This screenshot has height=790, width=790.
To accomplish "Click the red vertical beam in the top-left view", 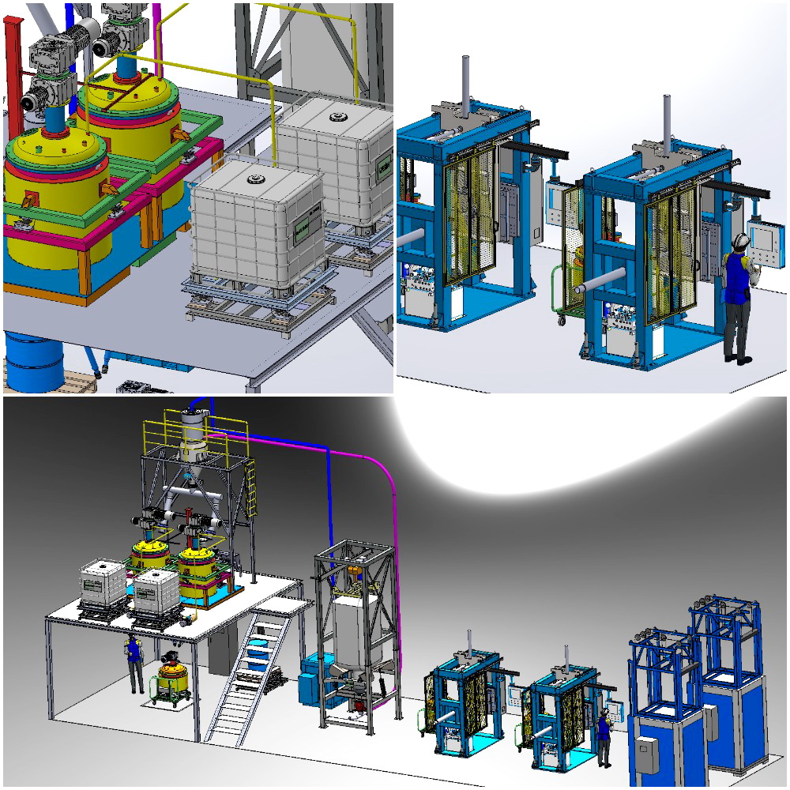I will [x=13, y=71].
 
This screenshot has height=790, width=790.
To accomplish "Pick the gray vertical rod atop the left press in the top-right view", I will [x=466, y=82].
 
